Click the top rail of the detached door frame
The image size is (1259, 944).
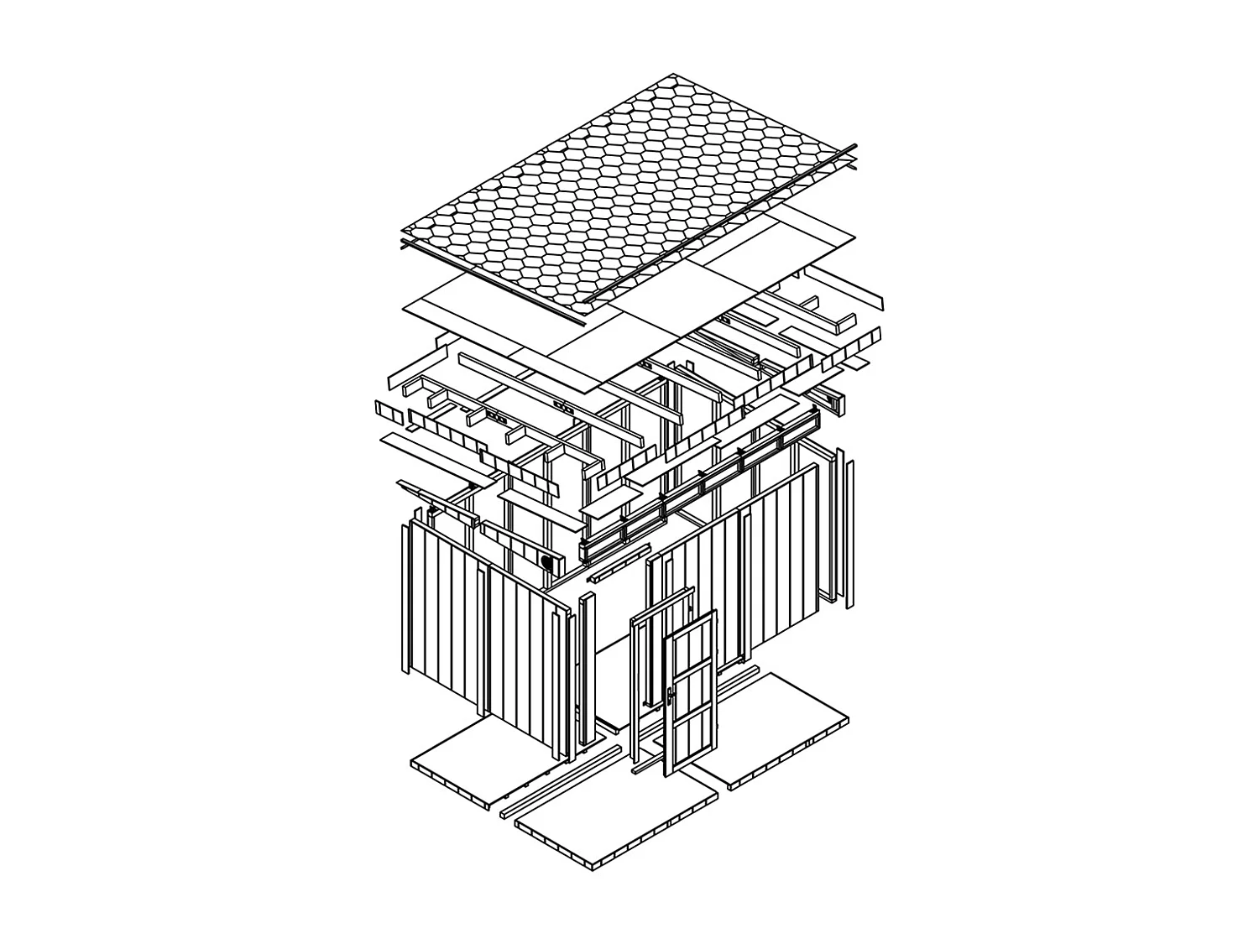pyautogui.click(x=663, y=605)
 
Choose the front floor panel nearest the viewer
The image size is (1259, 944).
pyautogui.click(x=617, y=827)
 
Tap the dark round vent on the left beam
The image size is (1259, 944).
pyautogui.click(x=547, y=561)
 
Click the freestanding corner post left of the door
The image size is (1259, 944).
pyautogui.click(x=585, y=671)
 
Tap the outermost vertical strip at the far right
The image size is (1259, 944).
pyautogui.click(x=849, y=533)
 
